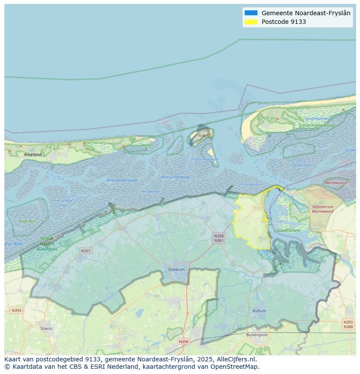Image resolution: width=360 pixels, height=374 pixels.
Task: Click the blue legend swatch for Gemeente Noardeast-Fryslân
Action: click(251, 13)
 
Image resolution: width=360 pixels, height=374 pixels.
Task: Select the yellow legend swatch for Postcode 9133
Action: click(251, 22)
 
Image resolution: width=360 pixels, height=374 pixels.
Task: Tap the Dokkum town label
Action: click(177, 269)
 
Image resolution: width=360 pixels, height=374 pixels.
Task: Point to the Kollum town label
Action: click(260, 311)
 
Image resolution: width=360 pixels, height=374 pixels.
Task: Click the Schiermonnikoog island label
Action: click(316, 126)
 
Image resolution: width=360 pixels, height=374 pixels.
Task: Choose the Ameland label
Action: click(33, 155)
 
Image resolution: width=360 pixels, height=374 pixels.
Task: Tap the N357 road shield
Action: click(86, 251)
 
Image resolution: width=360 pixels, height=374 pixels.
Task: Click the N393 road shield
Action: click(16, 310)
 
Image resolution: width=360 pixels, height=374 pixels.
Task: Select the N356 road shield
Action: click(183, 341)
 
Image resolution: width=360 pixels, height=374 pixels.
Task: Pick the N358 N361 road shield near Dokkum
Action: click(219, 238)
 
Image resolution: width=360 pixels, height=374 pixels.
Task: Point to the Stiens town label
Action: click(46, 328)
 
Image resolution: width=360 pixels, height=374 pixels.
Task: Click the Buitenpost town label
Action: click(257, 335)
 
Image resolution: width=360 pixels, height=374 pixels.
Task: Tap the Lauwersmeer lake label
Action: click(287, 230)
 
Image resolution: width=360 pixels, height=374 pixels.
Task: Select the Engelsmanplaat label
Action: click(205, 159)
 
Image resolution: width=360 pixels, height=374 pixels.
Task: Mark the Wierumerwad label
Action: click(175, 177)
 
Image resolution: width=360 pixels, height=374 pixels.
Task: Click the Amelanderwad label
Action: click(122, 180)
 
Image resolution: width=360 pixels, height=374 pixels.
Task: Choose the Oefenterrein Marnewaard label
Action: click(323, 209)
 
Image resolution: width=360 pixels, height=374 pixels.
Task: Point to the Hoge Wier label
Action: click(27, 221)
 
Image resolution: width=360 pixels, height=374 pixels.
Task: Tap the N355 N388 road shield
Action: click(348, 324)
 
